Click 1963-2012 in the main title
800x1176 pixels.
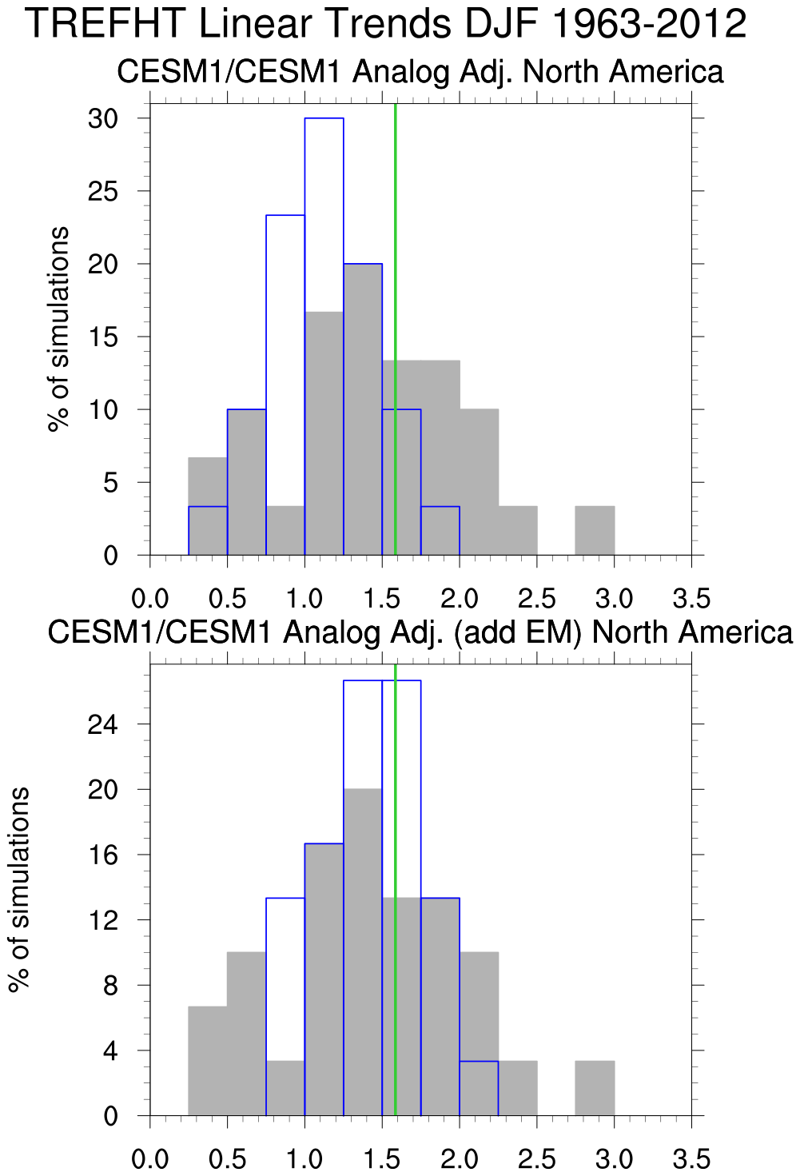click(x=648, y=24)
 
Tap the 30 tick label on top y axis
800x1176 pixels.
click(x=103, y=119)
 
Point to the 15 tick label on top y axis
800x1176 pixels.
click(x=103, y=337)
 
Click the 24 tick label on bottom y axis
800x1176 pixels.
click(x=103, y=725)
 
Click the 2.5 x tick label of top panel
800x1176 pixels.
click(x=537, y=598)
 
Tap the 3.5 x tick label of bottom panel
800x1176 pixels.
click(x=691, y=1158)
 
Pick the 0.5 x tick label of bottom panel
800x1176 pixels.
click(x=228, y=1158)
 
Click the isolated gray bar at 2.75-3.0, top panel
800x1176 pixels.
click(x=595, y=531)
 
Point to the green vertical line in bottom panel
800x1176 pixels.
click(x=396, y=799)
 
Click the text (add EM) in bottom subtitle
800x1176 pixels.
click(x=516, y=632)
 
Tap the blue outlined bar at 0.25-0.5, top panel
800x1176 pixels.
click(x=208, y=531)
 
